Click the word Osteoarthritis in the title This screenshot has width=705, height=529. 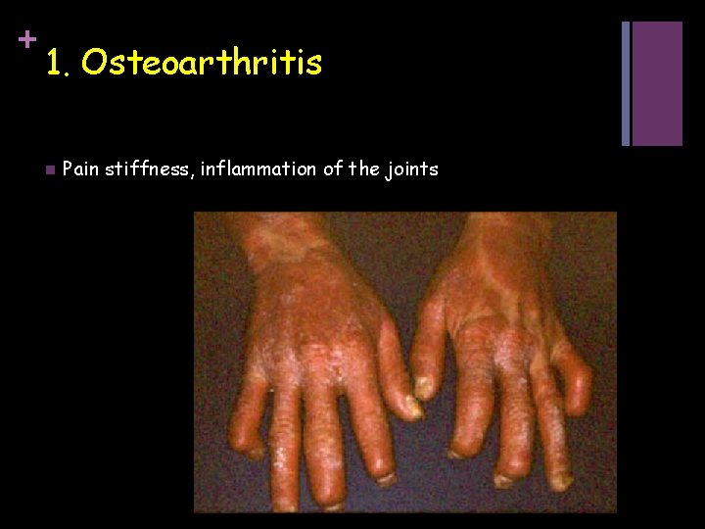(x=202, y=63)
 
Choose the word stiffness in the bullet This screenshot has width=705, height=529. (x=148, y=169)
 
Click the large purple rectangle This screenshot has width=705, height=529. (x=657, y=83)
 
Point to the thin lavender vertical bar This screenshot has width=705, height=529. (x=627, y=83)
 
